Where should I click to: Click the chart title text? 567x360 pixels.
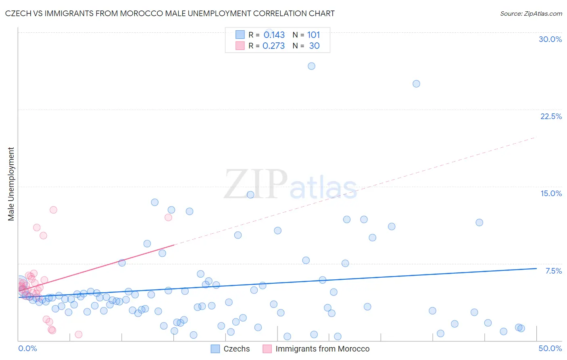(x=170, y=14)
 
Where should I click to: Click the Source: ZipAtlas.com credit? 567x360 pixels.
(x=531, y=14)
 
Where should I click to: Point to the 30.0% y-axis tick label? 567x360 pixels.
(x=550, y=39)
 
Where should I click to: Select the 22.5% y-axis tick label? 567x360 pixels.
(x=551, y=116)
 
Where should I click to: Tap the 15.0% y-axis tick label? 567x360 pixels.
(x=551, y=193)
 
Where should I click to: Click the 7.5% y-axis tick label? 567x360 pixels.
(x=553, y=271)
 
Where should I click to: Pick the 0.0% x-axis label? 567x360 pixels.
(x=27, y=348)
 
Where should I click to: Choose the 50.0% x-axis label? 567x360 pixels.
(x=550, y=348)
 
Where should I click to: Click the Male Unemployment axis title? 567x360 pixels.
(x=11, y=184)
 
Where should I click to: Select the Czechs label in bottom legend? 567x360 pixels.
(x=237, y=349)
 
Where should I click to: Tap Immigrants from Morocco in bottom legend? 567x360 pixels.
(x=322, y=349)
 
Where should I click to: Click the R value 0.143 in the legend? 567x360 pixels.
(x=274, y=35)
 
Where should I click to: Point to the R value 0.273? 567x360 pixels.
(x=274, y=46)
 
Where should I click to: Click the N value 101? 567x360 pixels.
(x=313, y=35)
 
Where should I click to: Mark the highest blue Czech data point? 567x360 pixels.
(x=311, y=66)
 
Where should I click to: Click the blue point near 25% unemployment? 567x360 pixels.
(x=416, y=84)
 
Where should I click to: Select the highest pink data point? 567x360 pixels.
(x=53, y=210)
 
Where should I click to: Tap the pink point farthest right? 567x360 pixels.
(x=168, y=218)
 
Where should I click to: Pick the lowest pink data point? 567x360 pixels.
(x=79, y=335)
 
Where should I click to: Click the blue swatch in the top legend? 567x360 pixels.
(x=240, y=35)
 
